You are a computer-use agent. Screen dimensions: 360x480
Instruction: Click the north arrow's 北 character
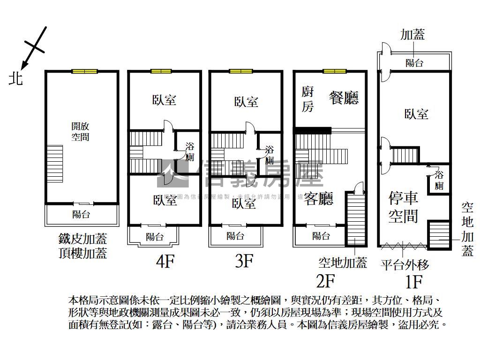coord(15,78)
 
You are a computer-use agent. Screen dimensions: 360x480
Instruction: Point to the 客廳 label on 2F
coord(319,199)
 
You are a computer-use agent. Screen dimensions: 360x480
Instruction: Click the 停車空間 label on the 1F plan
coord(403,207)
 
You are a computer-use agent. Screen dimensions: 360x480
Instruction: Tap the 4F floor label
coord(165,261)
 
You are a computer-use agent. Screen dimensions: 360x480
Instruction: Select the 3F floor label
coord(244,261)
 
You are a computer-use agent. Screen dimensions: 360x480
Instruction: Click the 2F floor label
coord(325,281)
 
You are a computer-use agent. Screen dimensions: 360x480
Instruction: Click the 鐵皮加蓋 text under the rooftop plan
coord(82,240)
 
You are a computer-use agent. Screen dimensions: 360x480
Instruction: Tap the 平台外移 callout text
coord(405,265)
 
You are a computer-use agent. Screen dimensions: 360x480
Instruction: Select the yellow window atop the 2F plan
coord(334,71)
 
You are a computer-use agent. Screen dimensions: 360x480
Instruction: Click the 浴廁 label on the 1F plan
coord(439,180)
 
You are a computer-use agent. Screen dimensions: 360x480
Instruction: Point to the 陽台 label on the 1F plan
coord(414,62)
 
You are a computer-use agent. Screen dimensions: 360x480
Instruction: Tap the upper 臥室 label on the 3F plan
coord(246,101)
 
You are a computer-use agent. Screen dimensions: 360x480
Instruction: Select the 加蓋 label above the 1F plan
coord(412,34)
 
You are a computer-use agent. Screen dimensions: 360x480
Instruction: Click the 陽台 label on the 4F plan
coord(154,237)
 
